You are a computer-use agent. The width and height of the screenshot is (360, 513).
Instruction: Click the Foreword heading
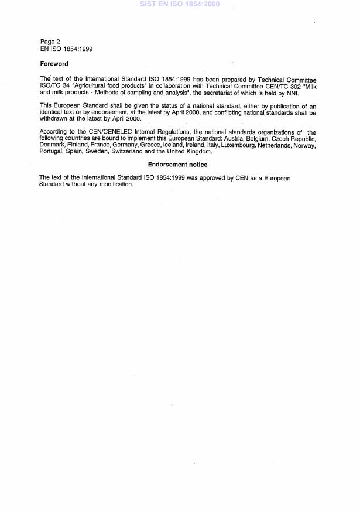point(54,64)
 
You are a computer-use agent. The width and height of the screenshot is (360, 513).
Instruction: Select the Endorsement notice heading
point(177,165)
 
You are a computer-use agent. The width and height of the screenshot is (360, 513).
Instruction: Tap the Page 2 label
point(50,42)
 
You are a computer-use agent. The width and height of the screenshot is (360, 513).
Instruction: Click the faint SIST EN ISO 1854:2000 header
point(179,4)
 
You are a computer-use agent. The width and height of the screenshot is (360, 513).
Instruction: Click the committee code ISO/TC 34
point(54,85)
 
